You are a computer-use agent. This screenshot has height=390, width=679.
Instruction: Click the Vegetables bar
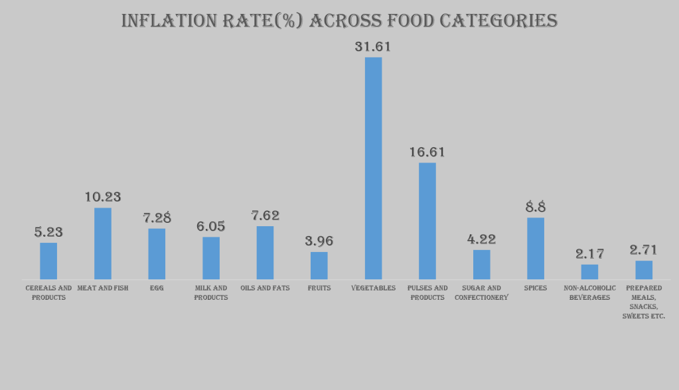[x=373, y=168]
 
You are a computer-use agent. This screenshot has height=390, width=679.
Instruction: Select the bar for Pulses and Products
[x=427, y=221]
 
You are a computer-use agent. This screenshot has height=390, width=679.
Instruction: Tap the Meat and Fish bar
[x=103, y=243]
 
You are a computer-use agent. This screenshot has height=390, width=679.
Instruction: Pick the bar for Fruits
[x=319, y=265]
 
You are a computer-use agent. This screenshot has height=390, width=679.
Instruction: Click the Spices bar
[x=536, y=248]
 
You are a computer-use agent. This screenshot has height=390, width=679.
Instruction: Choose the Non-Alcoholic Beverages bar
[x=589, y=272]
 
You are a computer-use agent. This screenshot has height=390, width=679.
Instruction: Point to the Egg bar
[x=157, y=253]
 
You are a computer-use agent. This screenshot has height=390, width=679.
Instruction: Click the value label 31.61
[x=373, y=46]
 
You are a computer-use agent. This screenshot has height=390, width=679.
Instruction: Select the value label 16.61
[x=427, y=152]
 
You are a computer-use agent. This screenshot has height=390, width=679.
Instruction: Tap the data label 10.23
[x=103, y=197]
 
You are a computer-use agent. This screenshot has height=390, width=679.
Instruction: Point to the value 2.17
[x=589, y=253]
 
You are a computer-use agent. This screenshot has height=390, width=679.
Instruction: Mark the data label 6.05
[x=210, y=226]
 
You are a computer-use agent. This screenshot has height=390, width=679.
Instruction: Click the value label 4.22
[x=481, y=239]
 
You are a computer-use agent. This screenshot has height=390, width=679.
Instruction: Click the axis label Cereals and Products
[x=48, y=292]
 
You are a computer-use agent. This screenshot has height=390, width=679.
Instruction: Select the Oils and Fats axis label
[x=265, y=288]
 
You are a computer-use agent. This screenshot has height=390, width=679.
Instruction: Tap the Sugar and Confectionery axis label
[x=481, y=292]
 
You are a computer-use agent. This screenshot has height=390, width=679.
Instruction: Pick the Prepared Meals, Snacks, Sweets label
[x=644, y=302]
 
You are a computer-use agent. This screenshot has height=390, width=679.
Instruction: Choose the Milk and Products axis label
[x=210, y=292]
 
